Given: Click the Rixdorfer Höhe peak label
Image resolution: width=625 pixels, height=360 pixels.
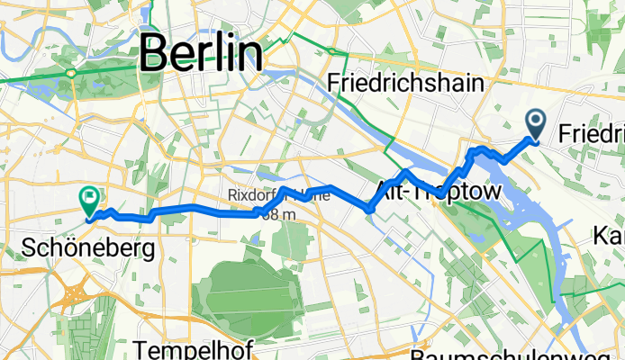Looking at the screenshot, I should (x=270, y=193).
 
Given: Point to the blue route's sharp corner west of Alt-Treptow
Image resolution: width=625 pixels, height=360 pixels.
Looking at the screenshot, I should (x=370, y=210).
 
